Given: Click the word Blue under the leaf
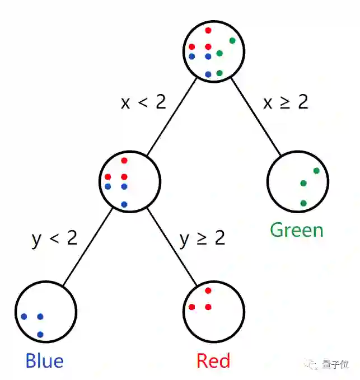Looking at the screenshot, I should point(44,360).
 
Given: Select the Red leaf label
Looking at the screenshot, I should point(213,360).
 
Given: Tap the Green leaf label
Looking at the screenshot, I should point(297,230).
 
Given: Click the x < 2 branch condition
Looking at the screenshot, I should point(143,102).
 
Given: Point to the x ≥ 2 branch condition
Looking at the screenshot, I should point(286,102).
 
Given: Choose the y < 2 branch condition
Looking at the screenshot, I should point(54,238).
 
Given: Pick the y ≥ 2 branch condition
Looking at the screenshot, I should point(202,238).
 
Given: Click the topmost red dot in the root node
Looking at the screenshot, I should point(208,30).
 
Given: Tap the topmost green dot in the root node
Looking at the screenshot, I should point(232,40).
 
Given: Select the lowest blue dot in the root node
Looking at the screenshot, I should point(208,74).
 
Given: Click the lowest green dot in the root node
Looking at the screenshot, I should point(219,73).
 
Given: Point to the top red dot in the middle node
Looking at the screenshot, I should point(124,161).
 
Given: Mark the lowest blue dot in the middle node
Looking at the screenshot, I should point(124,204).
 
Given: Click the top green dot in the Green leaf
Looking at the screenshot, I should point(316,171).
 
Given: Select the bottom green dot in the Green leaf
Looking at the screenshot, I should point(303,203).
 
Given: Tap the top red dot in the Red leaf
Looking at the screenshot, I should point(208,290).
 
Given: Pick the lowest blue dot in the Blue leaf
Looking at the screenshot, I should point(40,335).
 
